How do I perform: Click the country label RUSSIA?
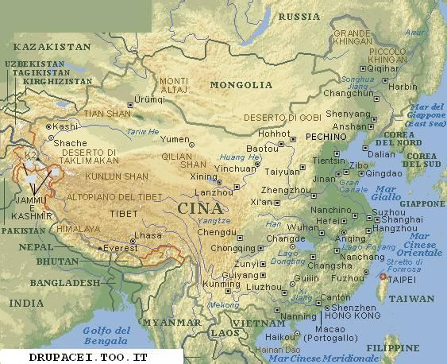coord(302,17)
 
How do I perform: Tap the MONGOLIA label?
coord(241,84)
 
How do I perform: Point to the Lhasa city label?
coord(148,236)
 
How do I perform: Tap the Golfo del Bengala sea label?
coord(107,335)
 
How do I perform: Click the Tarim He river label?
coord(143,132)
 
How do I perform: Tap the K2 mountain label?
coord(29,154)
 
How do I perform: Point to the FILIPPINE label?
coord(394,348)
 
